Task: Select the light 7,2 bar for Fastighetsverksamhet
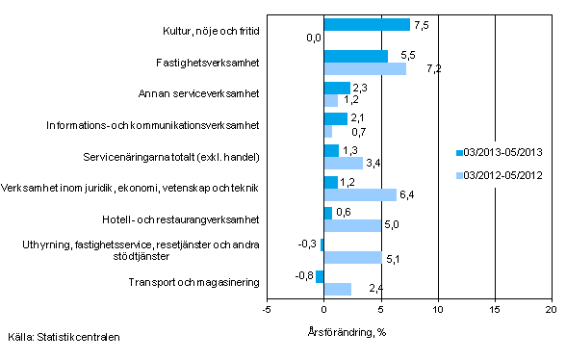[365, 68]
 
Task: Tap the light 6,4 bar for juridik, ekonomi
[360, 194]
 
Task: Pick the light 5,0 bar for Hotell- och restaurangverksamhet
[352, 225]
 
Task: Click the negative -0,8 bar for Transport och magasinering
[320, 276]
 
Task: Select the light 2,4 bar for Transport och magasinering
[338, 289]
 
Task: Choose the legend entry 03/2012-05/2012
[503, 174]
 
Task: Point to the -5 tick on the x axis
[267, 310]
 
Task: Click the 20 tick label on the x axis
[552, 310]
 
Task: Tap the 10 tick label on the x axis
[438, 310]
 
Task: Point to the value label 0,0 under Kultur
[313, 39]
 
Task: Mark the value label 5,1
[393, 257]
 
